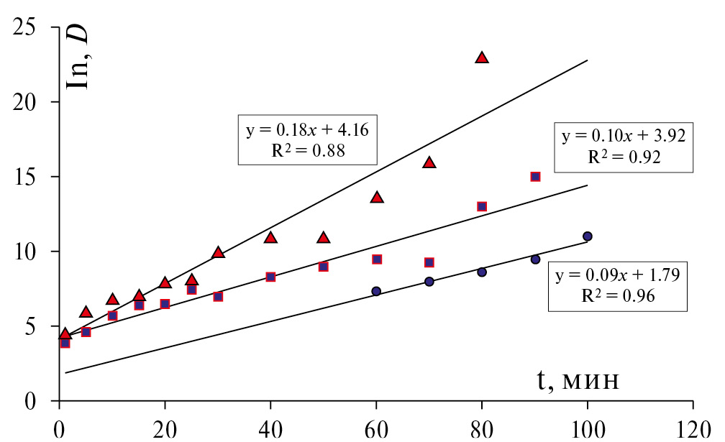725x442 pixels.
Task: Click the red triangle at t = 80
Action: click(482, 57)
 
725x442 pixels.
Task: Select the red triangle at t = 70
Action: click(429, 162)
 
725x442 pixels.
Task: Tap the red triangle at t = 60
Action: click(376, 197)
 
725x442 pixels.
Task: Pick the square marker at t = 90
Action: click(535, 177)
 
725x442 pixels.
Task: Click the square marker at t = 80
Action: click(482, 206)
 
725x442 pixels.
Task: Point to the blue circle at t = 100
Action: click(588, 236)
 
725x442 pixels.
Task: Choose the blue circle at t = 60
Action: click(376, 291)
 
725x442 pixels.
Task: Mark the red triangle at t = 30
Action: click(218, 252)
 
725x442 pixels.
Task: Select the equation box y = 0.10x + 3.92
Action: click(624, 147)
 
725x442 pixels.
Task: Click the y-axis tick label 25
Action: click(29, 28)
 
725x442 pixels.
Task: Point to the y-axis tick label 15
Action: click(29, 177)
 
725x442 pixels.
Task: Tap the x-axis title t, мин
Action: click(577, 380)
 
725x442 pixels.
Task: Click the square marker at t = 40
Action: click(270, 277)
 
